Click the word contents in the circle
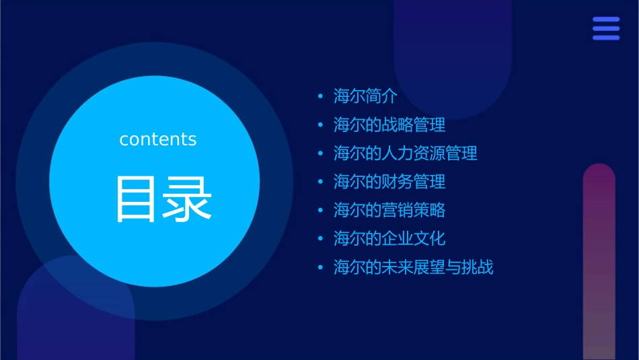pos(158,139)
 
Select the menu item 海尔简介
pos(366,96)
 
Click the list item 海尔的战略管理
pos(389,125)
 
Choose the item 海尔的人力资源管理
pos(406,153)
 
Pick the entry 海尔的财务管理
pos(389,182)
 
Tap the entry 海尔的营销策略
pos(389,210)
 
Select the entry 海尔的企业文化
pos(389,239)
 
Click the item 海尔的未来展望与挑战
pos(414,267)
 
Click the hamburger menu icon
pos(606,28)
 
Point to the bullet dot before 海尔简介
pos(321,97)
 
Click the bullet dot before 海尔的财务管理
pos(321,182)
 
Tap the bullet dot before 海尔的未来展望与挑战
pos(321,268)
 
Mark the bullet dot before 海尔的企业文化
pos(321,239)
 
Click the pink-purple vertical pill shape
pos(599,262)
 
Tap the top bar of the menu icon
pos(606,20)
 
